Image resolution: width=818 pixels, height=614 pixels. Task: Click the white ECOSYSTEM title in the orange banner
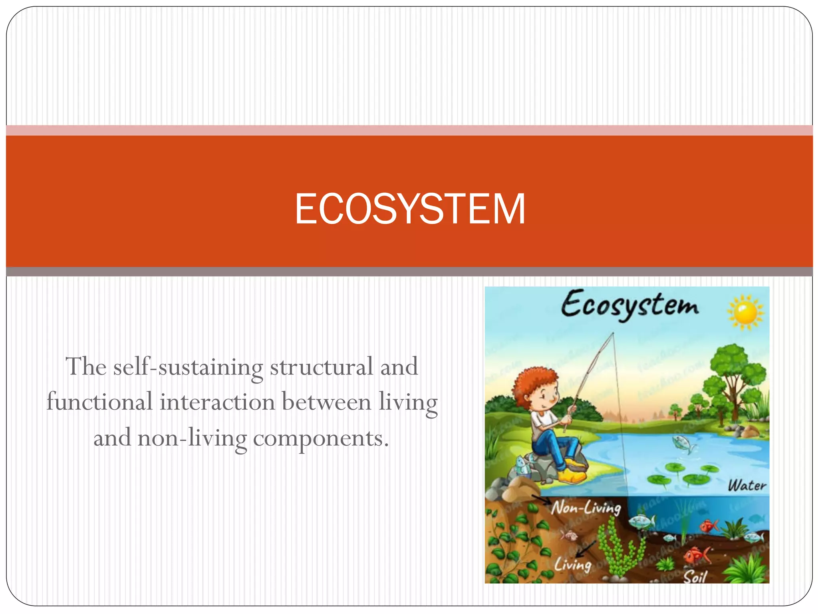click(410, 209)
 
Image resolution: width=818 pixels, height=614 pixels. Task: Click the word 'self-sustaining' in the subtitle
click(188, 367)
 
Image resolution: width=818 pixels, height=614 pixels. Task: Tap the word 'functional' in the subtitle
click(99, 402)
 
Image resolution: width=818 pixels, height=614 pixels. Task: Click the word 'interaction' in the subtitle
click(217, 402)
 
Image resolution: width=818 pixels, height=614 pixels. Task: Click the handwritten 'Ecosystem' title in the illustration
click(630, 305)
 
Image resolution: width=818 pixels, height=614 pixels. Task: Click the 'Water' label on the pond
click(747, 486)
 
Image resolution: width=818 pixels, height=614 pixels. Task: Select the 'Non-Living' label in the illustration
click(586, 508)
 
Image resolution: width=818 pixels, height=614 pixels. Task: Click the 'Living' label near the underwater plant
click(572, 565)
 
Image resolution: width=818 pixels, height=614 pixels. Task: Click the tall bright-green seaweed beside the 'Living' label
click(617, 548)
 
